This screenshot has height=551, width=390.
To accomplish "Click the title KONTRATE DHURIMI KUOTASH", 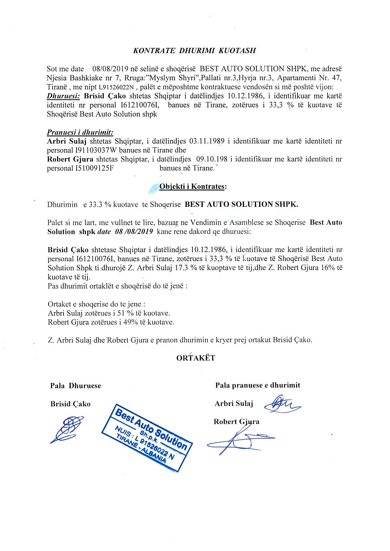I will point(195,50).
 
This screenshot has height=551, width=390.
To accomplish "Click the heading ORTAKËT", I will point(196,358).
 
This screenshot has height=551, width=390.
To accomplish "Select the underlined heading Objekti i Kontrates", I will point(193,186).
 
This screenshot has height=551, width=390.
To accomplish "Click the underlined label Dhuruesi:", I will point(63,96).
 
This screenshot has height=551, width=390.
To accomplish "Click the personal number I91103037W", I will point(96,150).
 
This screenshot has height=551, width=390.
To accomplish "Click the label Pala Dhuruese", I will point(75,386).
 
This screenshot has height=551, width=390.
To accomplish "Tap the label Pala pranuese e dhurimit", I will point(258,385).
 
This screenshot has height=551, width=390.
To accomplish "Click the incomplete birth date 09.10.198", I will point(207,159).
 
